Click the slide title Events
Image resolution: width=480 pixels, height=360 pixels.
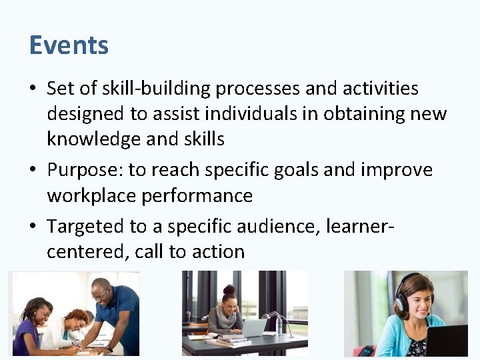tap(69, 45)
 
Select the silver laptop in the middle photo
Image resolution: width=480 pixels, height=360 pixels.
tap(254, 327)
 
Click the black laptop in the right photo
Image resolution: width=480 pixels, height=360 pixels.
tap(446, 341)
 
